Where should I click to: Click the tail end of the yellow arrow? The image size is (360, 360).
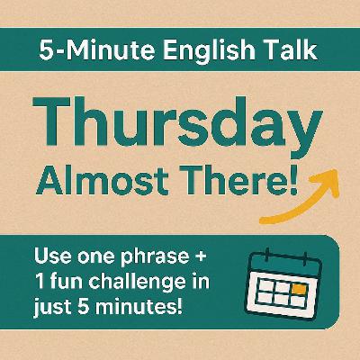pos(262,220)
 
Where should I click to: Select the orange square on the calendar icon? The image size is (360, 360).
pos(299,290)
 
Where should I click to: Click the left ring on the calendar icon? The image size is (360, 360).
pos(266,256)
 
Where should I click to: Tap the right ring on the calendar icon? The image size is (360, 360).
pos(304,259)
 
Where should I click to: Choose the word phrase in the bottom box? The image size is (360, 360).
pos(154,258)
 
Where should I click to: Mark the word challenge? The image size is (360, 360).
pos(137,283)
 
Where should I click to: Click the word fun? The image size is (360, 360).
pos(67,281)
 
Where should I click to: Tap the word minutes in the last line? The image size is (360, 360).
pos(140,306)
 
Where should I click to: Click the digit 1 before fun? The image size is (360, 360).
pos(40,281)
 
